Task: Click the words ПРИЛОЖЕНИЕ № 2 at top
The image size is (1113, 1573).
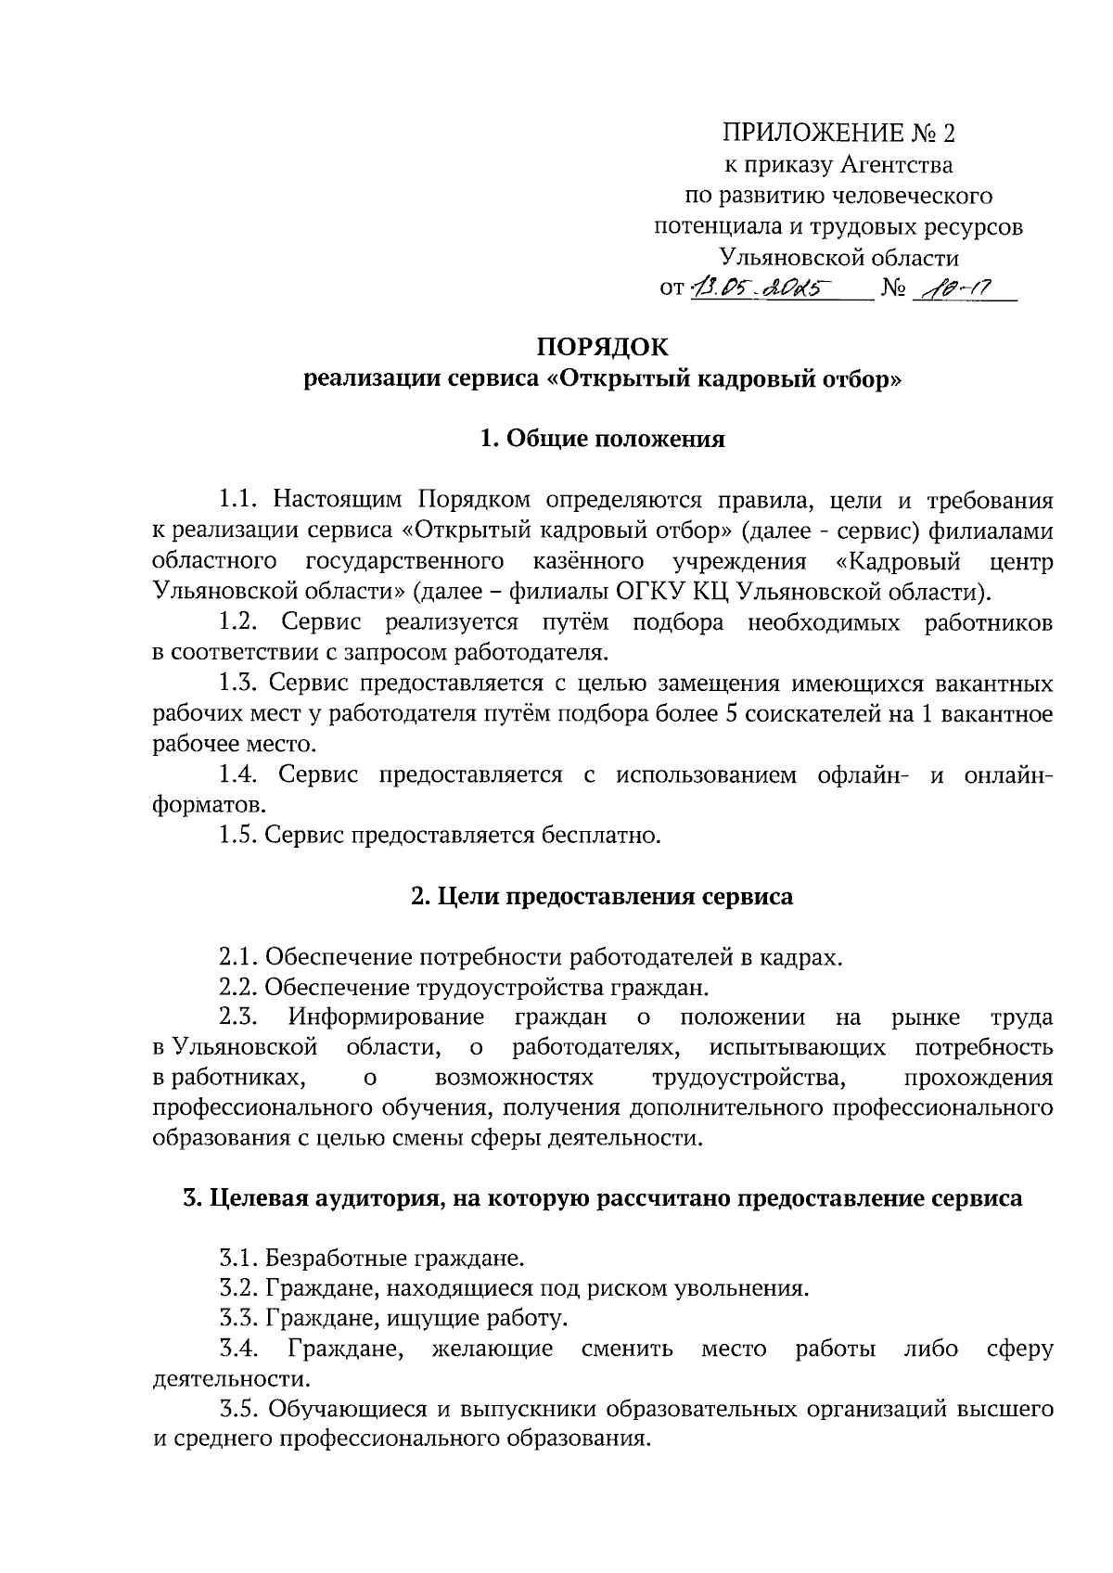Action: click(x=839, y=134)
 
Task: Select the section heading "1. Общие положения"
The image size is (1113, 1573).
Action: click(x=602, y=439)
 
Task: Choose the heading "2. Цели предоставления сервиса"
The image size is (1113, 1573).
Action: click(x=602, y=897)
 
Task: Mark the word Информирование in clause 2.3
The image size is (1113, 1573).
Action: click(x=386, y=1017)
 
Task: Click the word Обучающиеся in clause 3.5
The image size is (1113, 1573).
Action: click(x=346, y=1409)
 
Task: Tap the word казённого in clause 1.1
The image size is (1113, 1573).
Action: click(x=589, y=562)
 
